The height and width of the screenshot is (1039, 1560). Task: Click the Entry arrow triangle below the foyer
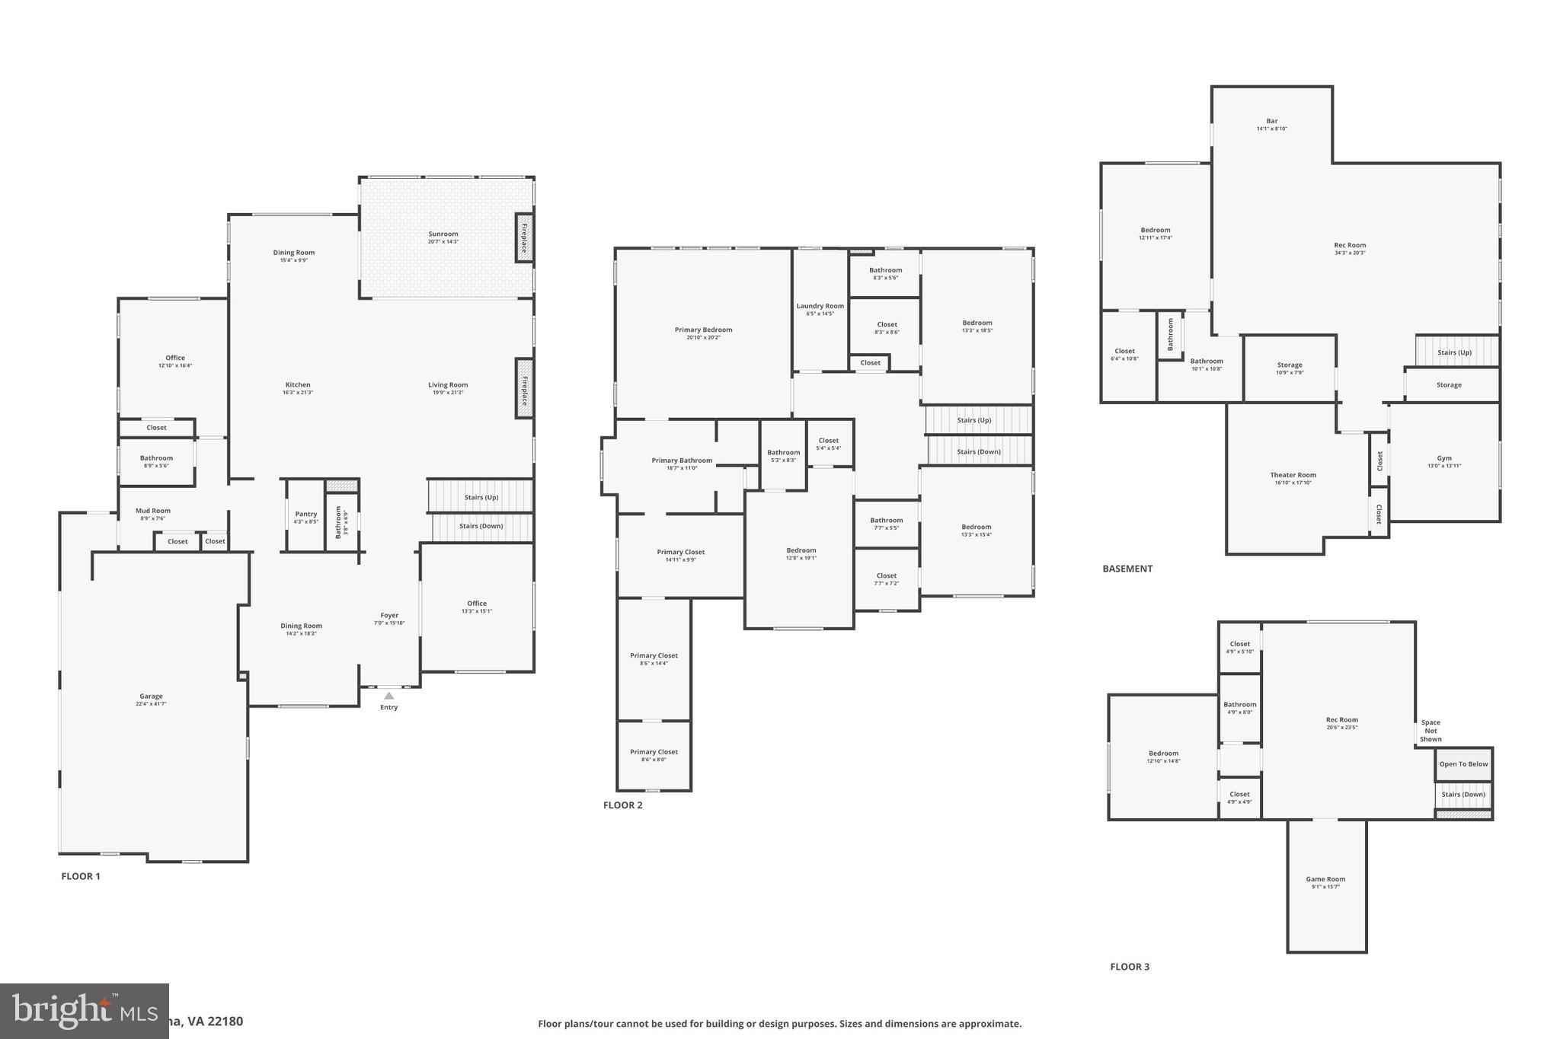click(x=389, y=695)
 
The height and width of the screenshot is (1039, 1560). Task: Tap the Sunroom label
click(x=443, y=234)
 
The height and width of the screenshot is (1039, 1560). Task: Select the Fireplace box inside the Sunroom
click(x=524, y=237)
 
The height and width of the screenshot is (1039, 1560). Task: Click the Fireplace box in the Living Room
click(x=524, y=387)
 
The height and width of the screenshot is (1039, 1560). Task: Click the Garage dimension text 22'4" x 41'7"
click(x=151, y=704)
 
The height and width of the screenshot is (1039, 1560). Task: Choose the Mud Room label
click(x=153, y=511)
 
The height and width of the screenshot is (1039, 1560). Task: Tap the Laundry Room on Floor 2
click(x=820, y=309)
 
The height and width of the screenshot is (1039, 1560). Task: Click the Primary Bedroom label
click(x=703, y=330)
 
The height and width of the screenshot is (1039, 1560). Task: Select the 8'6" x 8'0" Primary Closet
click(x=654, y=755)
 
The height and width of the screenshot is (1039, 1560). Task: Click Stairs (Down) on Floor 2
click(x=979, y=451)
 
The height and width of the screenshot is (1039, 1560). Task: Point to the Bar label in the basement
click(x=1271, y=121)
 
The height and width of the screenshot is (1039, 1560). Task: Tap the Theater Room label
click(x=1293, y=475)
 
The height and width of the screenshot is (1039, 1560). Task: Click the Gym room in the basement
click(x=1443, y=462)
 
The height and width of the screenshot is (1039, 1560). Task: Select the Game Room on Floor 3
click(x=1325, y=882)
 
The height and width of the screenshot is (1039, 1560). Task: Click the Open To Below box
click(x=1463, y=764)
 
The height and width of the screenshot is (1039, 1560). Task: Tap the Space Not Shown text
click(x=1431, y=731)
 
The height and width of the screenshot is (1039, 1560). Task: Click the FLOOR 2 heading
click(x=622, y=805)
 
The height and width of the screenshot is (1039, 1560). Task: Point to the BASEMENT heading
click(x=1127, y=569)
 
